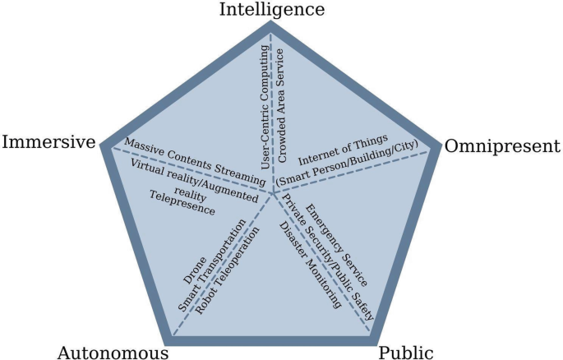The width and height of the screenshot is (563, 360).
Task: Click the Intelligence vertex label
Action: pyautogui.click(x=272, y=9)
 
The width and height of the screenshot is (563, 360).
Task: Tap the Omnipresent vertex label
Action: pyautogui.click(x=501, y=146)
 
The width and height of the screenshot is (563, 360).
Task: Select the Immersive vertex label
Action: pyautogui.click(x=50, y=142)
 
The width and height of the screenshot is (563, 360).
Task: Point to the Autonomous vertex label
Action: pyautogui.click(x=113, y=353)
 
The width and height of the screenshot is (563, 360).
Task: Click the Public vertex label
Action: pyautogui.click(x=405, y=353)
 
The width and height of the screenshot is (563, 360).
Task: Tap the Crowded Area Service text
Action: pyautogui.click(x=280, y=102)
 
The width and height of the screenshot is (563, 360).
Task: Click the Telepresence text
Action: pyautogui.click(x=182, y=203)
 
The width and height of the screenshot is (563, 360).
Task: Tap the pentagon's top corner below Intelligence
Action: pyautogui.click(x=271, y=26)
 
